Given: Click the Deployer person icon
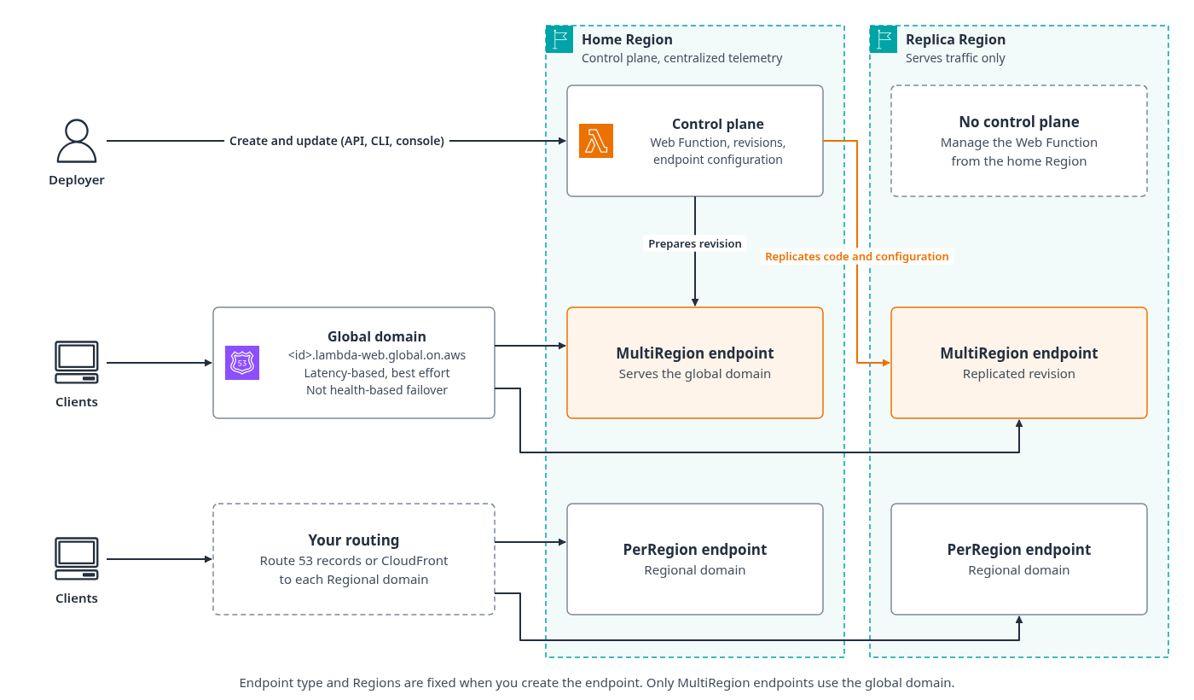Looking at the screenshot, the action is click(x=77, y=140).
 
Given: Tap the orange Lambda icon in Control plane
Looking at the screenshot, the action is click(x=596, y=141).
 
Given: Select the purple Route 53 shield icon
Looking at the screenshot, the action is click(x=242, y=363).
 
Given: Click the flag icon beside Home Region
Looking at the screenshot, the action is click(x=559, y=39).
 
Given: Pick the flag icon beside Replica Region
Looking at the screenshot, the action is click(x=884, y=39).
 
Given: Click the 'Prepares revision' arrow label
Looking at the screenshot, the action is click(x=694, y=244).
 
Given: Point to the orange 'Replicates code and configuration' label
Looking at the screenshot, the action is click(x=856, y=257).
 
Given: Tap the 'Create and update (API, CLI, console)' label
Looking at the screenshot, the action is click(x=337, y=141).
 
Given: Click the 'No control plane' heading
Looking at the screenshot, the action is click(x=1018, y=122).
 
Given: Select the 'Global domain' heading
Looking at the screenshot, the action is click(x=377, y=336).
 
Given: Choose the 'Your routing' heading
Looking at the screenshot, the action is click(x=353, y=540).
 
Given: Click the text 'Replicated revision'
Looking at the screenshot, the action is click(x=1018, y=374).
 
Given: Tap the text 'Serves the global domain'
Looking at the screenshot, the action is click(x=694, y=374).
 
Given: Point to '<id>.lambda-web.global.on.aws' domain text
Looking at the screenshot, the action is click(x=377, y=355).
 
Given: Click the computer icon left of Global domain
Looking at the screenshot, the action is click(x=77, y=362).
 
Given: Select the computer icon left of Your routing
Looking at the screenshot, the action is click(x=77, y=558).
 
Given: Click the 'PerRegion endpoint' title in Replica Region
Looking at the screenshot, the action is click(x=1018, y=550).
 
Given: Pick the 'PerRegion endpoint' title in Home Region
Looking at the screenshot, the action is click(x=694, y=550).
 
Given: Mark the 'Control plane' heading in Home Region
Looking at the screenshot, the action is click(x=717, y=125).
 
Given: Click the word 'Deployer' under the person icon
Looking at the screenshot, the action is click(x=77, y=180).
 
